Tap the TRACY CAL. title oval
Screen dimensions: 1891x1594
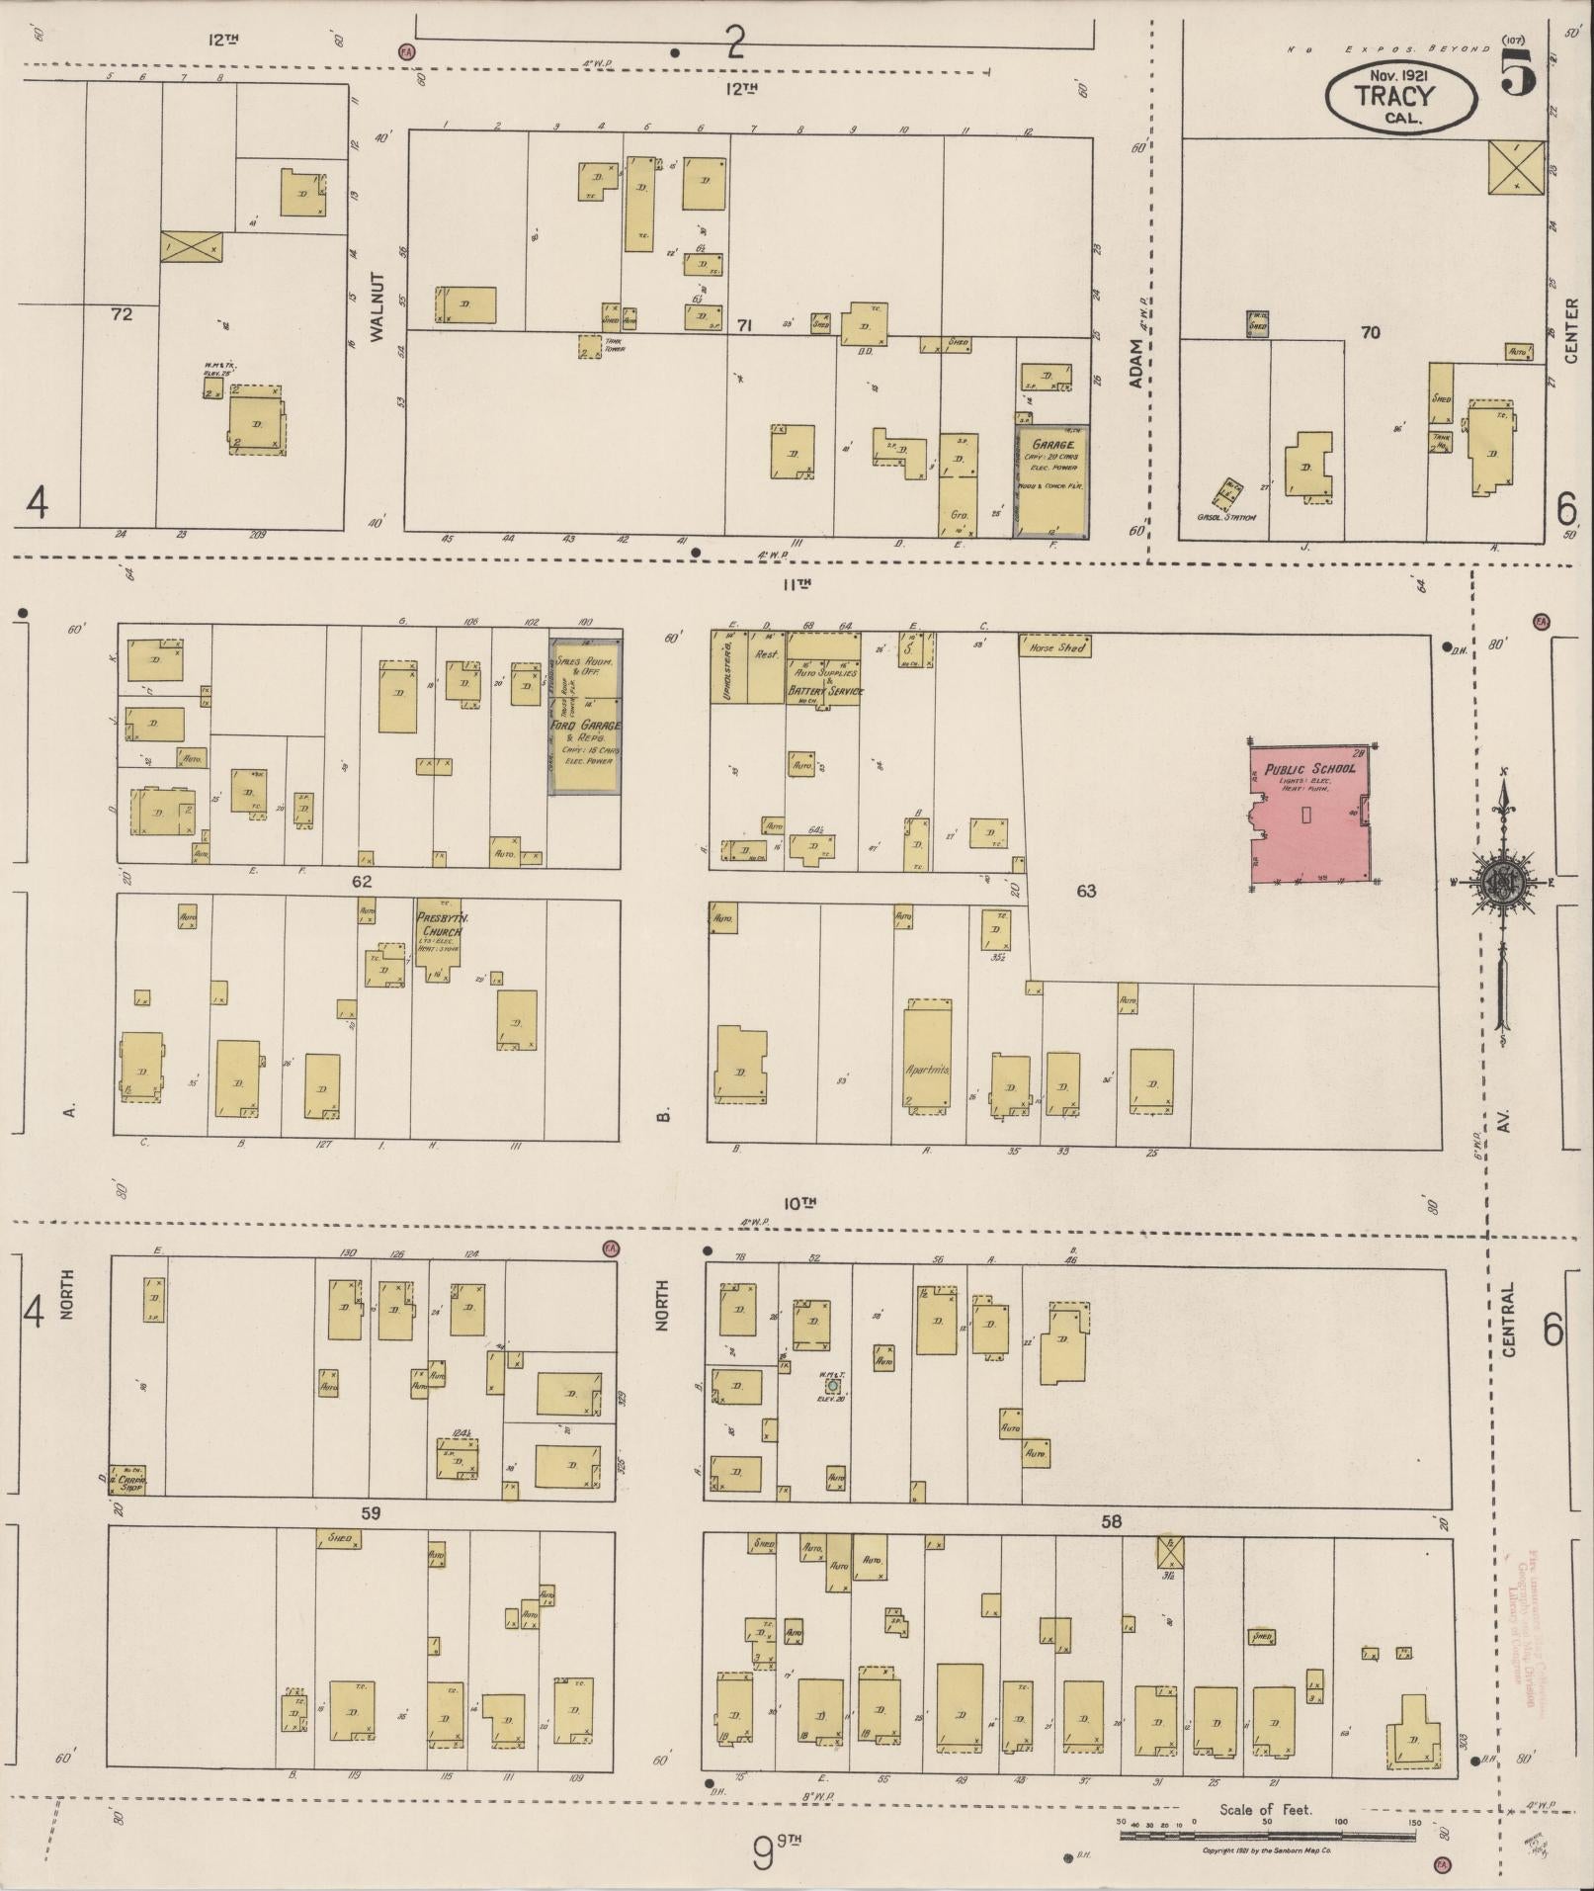1394,97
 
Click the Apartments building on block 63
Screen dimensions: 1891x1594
927,1058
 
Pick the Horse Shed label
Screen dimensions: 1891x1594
1055,647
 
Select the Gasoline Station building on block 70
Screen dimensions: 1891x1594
1230,492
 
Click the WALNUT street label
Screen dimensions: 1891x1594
377,307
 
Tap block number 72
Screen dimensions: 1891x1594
122,315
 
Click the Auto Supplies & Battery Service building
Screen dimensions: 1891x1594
823,668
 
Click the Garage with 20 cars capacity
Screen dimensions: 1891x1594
1054,482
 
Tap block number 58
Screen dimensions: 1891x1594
1112,1521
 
